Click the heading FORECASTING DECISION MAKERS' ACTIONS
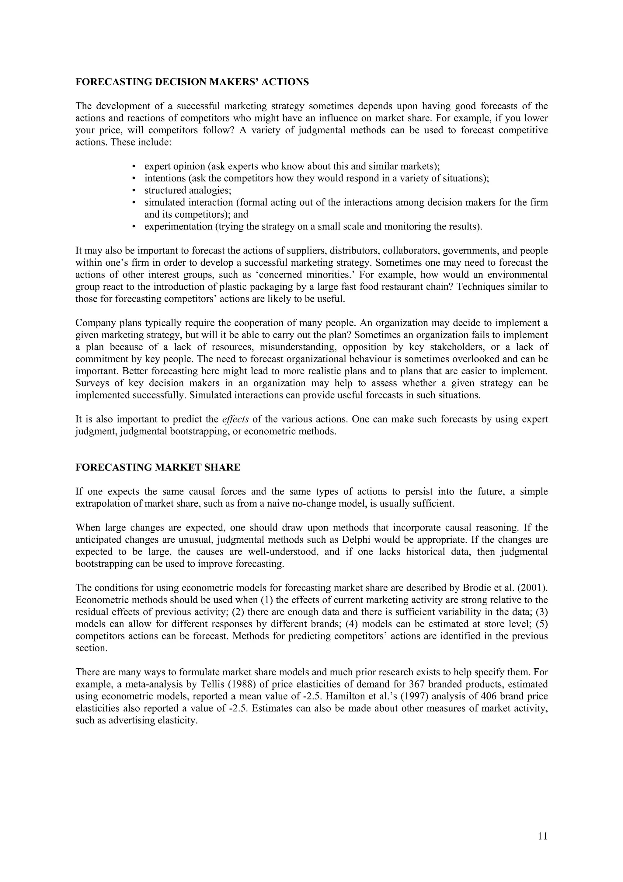[x=192, y=82]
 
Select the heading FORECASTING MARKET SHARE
[x=158, y=467]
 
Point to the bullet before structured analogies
[x=134, y=191]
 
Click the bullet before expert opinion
[x=134, y=166]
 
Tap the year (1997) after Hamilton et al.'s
[x=410, y=696]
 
